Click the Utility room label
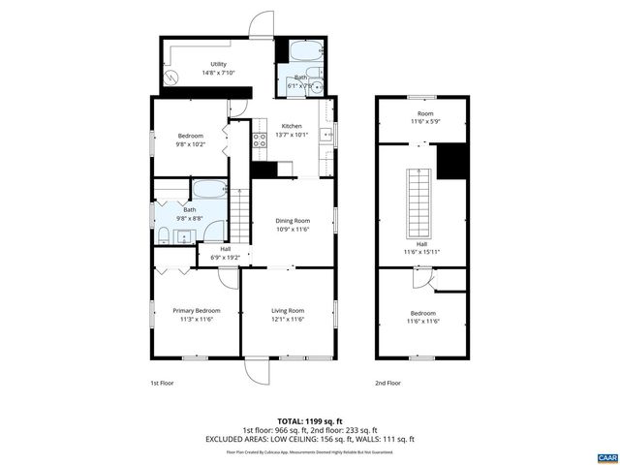click(x=219, y=64)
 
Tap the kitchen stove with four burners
click(x=260, y=143)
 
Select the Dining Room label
click(x=292, y=220)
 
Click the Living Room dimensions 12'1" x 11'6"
click(x=288, y=320)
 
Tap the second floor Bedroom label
click(x=422, y=313)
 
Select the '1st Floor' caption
click(x=163, y=383)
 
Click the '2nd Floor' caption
click(x=387, y=383)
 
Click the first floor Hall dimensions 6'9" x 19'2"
click(x=225, y=257)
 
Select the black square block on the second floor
click(x=450, y=161)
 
